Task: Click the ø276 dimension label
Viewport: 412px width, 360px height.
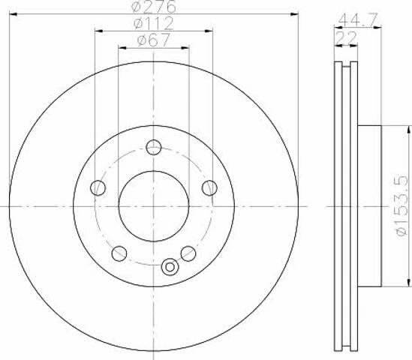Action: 154,6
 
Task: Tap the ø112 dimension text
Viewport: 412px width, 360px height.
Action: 154,23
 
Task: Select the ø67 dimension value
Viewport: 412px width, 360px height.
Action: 154,40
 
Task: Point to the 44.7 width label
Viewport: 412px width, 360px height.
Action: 358,19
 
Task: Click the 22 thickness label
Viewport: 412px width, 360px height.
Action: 346,37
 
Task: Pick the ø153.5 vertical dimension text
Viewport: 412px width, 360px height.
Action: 402,206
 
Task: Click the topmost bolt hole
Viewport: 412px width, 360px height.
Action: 154,147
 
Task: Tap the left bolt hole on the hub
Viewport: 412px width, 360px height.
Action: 98,188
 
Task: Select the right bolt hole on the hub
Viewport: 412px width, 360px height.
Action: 209,188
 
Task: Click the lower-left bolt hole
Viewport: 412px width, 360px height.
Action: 119,253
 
